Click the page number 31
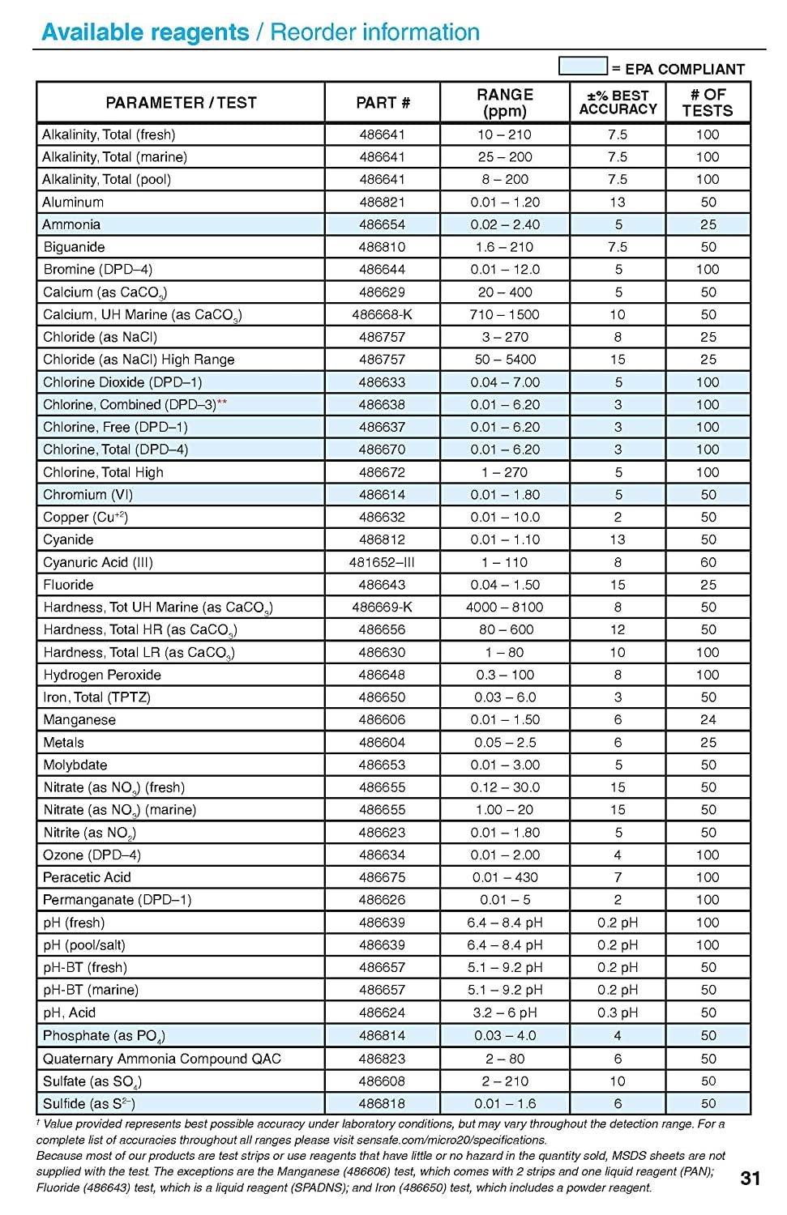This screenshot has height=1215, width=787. coord(751,1179)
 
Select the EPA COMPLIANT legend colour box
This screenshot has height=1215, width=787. coord(583,66)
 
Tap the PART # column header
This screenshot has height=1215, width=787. coord(383,103)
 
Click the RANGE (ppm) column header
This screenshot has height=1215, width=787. coord(505,103)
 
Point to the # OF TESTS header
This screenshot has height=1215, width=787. coord(708,103)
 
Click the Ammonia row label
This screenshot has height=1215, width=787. coord(71,224)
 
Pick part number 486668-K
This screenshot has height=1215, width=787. coord(382,314)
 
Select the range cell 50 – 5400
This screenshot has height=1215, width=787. coord(505,360)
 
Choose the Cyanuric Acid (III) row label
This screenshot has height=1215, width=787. coord(97,562)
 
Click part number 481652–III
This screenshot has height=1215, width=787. coord(382,562)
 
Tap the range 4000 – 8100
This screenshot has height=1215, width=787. coord(505,607)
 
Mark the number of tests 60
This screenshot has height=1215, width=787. coord(708,562)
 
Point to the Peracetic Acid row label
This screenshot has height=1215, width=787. coord(87,877)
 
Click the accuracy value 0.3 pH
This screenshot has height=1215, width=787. coord(618,1013)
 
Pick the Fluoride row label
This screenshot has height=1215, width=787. coord(68,585)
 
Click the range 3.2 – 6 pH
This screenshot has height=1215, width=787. coord(505,1013)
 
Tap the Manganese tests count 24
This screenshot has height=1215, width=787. coord(708,719)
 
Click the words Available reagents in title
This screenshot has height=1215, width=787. coord(145,32)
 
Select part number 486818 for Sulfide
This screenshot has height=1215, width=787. coord(382,1103)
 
